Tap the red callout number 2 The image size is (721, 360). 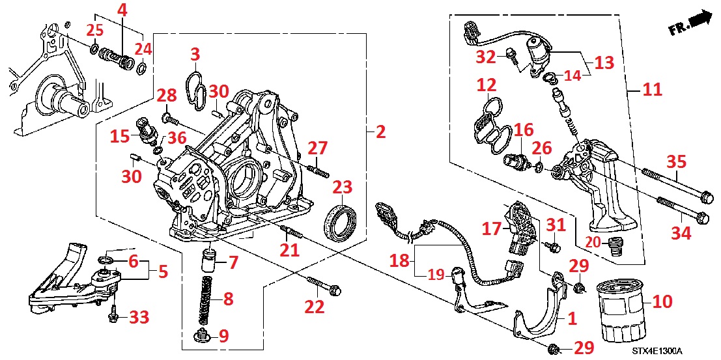pyautogui.click(x=380, y=132)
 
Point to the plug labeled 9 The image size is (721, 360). pyautogui.click(x=203, y=337)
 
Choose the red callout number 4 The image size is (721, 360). pyautogui.click(x=122, y=10)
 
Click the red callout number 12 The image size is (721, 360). pyautogui.click(x=486, y=85)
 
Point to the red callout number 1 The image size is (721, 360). pyautogui.click(x=572, y=320)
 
